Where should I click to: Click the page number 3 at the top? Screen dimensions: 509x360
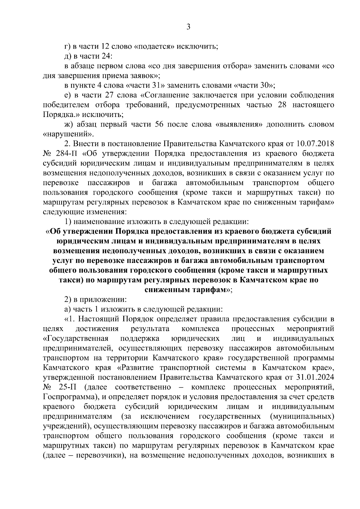pyautogui.click(x=188, y=27)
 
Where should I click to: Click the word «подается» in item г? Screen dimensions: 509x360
pyautogui.click(x=153, y=46)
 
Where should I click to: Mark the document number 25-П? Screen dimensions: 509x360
pyautogui.click(x=70, y=387)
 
